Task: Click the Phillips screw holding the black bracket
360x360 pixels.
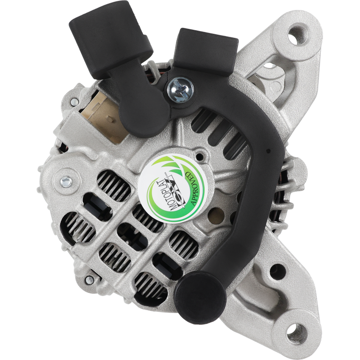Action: pos(180,89)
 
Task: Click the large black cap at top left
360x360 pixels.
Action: pos(111,39)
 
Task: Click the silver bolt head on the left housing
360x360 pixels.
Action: pos(66,181)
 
